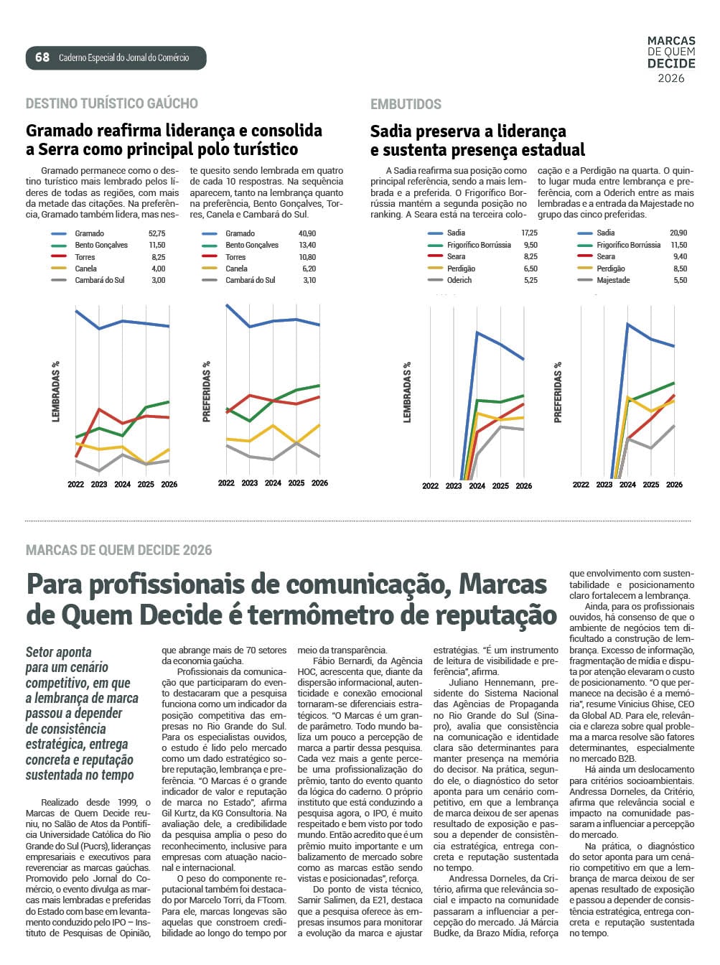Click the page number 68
(x=42, y=57)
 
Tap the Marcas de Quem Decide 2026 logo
(x=671, y=60)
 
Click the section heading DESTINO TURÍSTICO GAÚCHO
(x=111, y=103)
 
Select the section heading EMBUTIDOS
(x=406, y=104)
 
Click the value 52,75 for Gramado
(x=156, y=233)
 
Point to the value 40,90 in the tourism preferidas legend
(x=307, y=233)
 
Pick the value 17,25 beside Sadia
(x=529, y=233)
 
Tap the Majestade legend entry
(x=612, y=280)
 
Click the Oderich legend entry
(x=459, y=280)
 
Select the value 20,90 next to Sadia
(x=678, y=233)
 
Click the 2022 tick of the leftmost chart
(x=76, y=485)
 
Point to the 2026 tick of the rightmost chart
(x=674, y=485)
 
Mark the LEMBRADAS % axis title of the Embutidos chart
(x=407, y=392)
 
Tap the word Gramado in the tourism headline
(x=60, y=131)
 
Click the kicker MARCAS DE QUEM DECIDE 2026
(x=118, y=550)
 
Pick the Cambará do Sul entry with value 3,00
(x=99, y=280)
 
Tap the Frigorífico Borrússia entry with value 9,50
(x=479, y=245)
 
